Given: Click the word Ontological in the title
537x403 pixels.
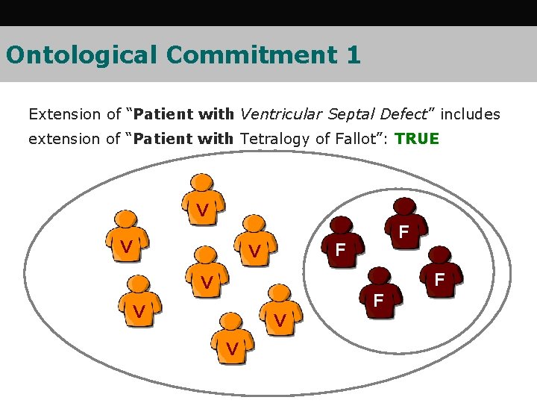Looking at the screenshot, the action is coord(82,54).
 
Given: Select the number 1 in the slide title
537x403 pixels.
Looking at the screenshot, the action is coord(354,54).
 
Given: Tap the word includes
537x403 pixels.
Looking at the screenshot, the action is coord(469,114).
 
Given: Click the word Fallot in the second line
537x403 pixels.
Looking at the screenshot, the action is coord(358,139).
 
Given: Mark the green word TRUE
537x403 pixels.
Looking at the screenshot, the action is coord(417,139).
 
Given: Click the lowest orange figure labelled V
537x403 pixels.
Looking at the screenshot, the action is coord(233,340).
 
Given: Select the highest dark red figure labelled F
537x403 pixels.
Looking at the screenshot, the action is coord(403,224).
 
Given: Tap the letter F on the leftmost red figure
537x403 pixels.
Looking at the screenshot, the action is coord(340,249).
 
